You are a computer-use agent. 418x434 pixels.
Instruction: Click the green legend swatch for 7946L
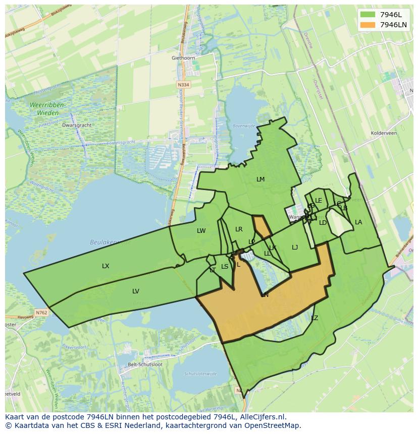coord(368,14)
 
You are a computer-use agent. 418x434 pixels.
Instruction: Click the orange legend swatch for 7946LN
coord(368,25)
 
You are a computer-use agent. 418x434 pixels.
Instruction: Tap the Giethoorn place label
coord(183,58)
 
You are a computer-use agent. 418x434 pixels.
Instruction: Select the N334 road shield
coord(184,85)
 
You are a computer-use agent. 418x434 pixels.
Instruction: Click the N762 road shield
coord(41,313)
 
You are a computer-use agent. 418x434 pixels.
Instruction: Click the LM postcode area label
coord(260,179)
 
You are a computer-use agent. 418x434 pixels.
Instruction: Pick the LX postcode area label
coord(106,266)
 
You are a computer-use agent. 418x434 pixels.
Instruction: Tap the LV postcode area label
coord(136,291)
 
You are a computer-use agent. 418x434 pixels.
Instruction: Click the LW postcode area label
coord(201,231)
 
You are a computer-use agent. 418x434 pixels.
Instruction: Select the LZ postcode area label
coord(315,318)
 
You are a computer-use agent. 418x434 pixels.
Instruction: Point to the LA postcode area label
coord(358,222)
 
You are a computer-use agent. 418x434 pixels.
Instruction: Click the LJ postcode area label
coord(295,247)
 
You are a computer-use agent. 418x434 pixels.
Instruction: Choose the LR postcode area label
coord(239,229)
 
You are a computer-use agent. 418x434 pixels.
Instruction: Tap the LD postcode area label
coord(323,223)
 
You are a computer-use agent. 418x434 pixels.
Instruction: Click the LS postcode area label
coord(225,267)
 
